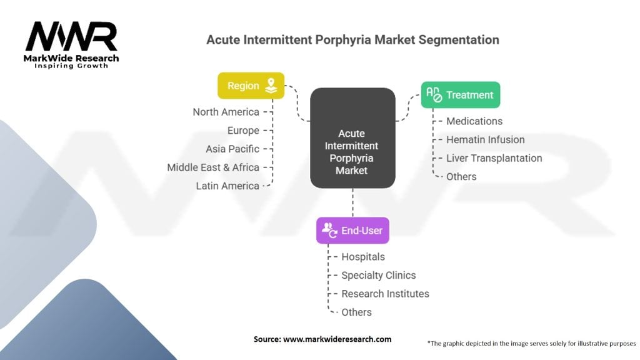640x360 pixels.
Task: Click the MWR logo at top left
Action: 71,44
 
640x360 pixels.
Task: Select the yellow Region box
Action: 251,86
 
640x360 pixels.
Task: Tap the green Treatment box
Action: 461,95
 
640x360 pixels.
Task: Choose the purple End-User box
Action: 352,230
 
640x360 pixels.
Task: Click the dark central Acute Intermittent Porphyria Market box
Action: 352,138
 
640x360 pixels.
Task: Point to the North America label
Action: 226,112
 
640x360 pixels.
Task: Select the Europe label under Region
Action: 243,131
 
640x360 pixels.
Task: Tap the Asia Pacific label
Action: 232,149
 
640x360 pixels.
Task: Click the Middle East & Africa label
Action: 213,167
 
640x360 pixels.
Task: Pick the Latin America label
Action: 227,186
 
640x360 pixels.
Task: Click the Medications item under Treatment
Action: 474,121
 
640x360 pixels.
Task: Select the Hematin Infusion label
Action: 485,139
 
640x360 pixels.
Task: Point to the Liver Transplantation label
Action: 494,158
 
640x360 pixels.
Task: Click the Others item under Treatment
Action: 461,177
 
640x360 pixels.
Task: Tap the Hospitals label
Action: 363,257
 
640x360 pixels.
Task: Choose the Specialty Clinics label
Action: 378,275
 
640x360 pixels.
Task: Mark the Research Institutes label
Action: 385,294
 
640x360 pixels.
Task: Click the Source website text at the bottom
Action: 322,339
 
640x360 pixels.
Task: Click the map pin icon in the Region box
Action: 271,85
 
